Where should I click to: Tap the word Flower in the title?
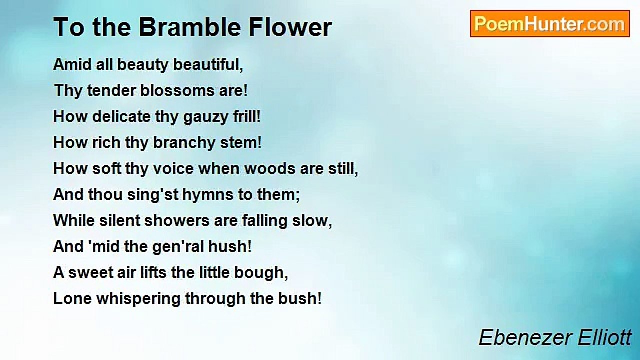[290, 27]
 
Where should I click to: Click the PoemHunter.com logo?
[550, 24]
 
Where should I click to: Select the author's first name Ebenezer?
[525, 338]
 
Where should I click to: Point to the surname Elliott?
[605, 338]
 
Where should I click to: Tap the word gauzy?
[205, 117]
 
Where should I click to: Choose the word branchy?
[184, 143]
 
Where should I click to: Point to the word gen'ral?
[178, 247]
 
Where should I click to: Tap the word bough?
[261, 273]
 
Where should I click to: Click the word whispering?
[138, 299]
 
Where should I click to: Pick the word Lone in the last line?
[72, 299]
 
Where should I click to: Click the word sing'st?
[153, 195]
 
